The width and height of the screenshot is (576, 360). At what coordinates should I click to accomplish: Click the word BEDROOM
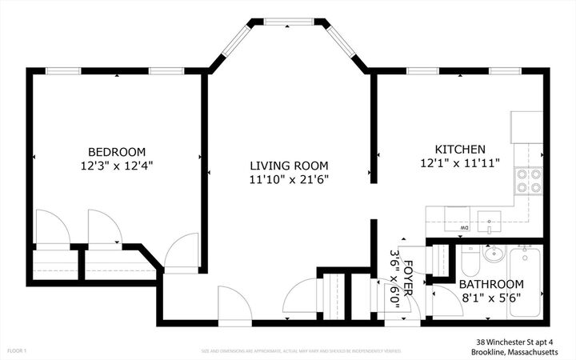tap(117, 152)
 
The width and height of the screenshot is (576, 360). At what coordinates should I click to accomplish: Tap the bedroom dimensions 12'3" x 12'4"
tap(117, 166)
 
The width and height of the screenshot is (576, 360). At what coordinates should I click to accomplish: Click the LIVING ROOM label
tap(288, 166)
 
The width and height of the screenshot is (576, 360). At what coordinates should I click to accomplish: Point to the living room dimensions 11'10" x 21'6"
tap(288, 180)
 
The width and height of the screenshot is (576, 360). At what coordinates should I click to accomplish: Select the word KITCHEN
tap(460, 150)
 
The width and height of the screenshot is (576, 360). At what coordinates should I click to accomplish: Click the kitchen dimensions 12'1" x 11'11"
tap(460, 164)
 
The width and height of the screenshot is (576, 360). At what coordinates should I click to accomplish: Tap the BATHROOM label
tap(491, 284)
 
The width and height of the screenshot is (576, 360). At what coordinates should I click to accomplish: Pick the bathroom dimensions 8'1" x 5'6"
tap(491, 298)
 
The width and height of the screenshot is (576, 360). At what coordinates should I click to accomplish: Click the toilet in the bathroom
tap(470, 259)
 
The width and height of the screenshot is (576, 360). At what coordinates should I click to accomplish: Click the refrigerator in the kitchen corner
tap(527, 126)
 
